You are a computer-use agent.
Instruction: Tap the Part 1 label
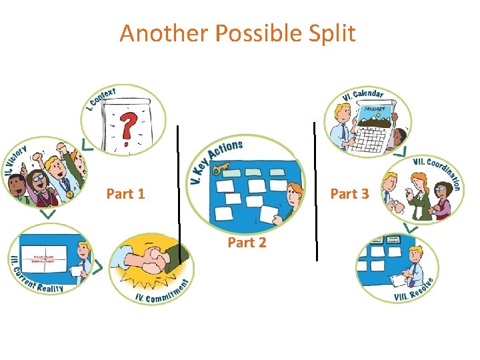pos(125,194)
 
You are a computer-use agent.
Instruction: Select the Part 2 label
pos(247,243)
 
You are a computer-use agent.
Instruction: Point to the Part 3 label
pos(349,194)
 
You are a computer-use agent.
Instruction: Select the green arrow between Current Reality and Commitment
pos(97,267)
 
